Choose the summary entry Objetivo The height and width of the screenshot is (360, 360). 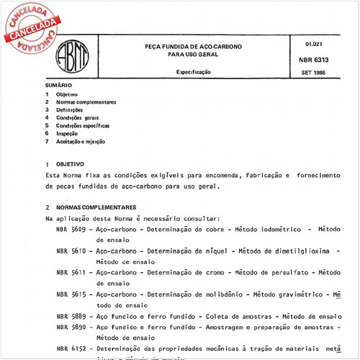click(x=67, y=95)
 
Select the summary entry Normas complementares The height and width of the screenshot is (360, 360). click(x=86, y=102)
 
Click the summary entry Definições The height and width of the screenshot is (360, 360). click(x=70, y=110)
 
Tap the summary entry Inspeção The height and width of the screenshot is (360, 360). click(x=68, y=134)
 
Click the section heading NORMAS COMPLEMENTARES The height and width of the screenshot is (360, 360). click(x=96, y=207)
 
